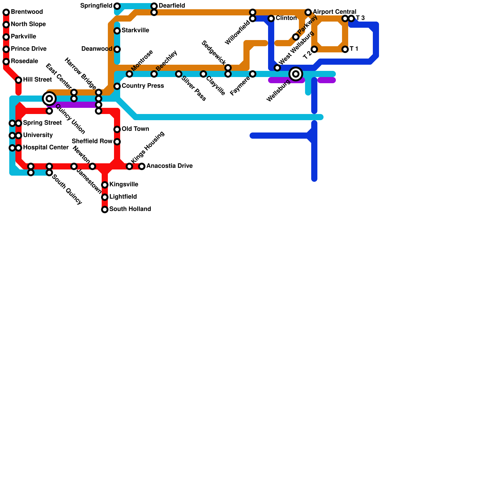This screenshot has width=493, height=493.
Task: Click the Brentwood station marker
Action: (6, 12)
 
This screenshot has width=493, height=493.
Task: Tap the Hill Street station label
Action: (37, 80)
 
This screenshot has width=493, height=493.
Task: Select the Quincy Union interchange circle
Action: (49, 99)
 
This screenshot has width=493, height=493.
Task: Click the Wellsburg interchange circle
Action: (296, 74)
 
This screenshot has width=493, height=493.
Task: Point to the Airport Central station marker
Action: (308, 12)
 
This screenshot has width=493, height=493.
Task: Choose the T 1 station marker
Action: (345, 49)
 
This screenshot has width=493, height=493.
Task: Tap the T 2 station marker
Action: (314, 49)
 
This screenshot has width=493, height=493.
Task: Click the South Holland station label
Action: (130, 209)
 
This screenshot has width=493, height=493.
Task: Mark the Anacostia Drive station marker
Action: (142, 166)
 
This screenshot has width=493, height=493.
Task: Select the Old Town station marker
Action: (117, 129)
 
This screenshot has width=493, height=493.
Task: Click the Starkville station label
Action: (135, 31)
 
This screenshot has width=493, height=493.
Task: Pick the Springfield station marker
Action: (117, 6)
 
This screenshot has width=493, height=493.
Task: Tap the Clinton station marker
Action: (271, 18)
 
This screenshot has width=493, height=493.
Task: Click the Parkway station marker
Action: (296, 37)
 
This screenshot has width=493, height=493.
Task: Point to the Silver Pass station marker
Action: (179, 74)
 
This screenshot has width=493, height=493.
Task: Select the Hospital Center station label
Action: (46, 148)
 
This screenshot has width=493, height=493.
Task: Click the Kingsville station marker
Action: (105, 185)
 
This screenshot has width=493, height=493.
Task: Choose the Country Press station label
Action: (143, 86)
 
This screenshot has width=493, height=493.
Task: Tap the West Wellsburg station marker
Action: (277, 68)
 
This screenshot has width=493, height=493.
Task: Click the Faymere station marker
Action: (253, 74)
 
